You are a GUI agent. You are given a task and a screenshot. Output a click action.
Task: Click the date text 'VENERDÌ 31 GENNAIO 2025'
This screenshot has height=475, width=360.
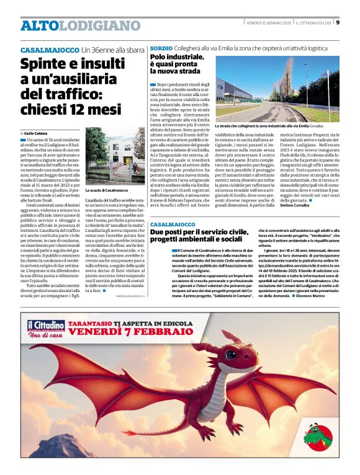click(x=268, y=23)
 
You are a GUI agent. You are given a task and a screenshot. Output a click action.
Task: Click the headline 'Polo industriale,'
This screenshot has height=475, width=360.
click(x=177, y=57)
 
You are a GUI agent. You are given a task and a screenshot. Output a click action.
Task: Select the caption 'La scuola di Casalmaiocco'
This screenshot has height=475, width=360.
click(x=106, y=190)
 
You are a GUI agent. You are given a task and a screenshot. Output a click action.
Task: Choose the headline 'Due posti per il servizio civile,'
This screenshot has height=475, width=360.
click(x=209, y=231)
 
